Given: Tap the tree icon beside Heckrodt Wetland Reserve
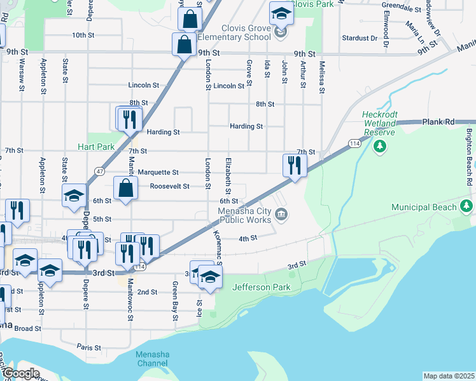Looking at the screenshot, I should coord(380,147).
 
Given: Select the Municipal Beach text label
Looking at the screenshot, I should coord(424,208).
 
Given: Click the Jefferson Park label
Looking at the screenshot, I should coord(262,287).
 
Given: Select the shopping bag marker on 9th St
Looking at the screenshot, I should coord(183,46).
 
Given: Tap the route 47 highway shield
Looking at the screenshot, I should coord(101,171).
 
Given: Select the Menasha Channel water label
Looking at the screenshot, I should coord(153,359).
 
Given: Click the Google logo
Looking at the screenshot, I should coord(20,373).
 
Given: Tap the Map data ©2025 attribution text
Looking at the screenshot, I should coord(449,376).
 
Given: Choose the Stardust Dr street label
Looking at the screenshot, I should coord(360,38).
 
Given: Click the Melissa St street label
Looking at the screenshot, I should coord(323,76).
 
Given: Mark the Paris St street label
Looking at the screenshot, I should coord(88,347).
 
